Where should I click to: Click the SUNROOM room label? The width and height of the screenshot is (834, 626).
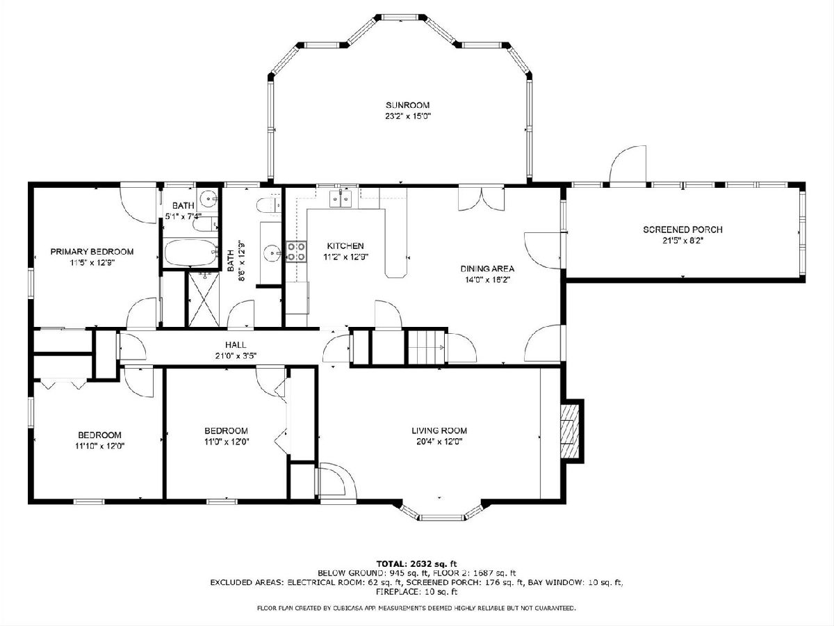pyautogui.click(x=408, y=105)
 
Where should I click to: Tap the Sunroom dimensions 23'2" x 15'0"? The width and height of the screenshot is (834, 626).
pyautogui.click(x=408, y=116)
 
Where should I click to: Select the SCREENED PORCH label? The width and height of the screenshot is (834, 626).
pyautogui.click(x=682, y=230)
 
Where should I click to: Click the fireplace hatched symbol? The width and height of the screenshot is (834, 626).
pyautogui.click(x=569, y=431)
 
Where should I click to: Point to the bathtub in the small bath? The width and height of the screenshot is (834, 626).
pyautogui.click(x=190, y=253)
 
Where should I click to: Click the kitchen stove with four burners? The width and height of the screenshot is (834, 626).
pyautogui.click(x=296, y=252)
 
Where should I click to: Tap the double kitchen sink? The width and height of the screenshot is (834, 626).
pyautogui.click(x=341, y=198)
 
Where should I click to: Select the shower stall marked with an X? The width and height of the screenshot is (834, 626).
pyautogui.click(x=204, y=299)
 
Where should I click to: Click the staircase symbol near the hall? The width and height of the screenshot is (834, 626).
pyautogui.click(x=426, y=347)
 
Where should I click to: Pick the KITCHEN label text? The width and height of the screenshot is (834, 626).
pyautogui.click(x=345, y=246)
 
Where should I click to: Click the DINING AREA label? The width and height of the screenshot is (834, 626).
pyautogui.click(x=487, y=268)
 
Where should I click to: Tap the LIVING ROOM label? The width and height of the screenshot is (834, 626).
pyautogui.click(x=439, y=431)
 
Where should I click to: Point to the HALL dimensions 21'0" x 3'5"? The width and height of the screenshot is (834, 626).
pyautogui.click(x=236, y=356)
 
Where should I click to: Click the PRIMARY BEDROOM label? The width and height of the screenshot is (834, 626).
pyautogui.click(x=92, y=252)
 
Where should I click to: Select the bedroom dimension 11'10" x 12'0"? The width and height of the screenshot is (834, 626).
pyautogui.click(x=100, y=446)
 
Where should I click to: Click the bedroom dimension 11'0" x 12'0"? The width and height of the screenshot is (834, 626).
pyautogui.click(x=227, y=442)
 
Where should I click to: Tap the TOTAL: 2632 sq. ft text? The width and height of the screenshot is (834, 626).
pyautogui.click(x=416, y=563)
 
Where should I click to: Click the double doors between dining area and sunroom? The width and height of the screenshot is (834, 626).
pyautogui.click(x=482, y=199)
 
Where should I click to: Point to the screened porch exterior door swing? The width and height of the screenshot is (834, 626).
pyautogui.click(x=628, y=164)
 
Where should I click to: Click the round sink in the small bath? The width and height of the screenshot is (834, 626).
pyautogui.click(x=208, y=198)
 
